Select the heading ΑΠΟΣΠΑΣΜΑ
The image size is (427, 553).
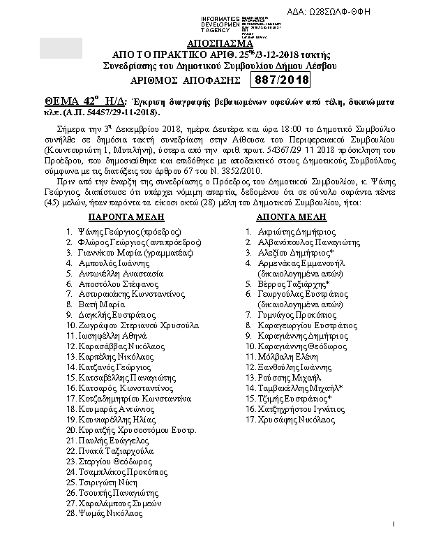[213, 41]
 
